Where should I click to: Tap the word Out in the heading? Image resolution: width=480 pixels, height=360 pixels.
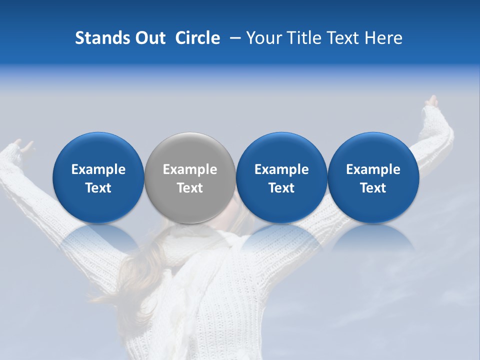[x=149, y=38]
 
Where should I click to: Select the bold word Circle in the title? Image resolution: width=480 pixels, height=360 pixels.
[x=197, y=38]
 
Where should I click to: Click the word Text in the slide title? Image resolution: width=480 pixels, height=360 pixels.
[x=343, y=38]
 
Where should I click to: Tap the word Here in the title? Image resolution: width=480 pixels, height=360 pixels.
[x=383, y=38]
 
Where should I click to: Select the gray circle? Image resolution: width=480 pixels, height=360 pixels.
[x=189, y=177]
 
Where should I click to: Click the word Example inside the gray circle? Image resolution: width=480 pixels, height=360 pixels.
[x=190, y=169]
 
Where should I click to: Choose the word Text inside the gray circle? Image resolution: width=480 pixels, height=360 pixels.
[x=190, y=188]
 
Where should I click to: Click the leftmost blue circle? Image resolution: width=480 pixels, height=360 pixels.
[x=98, y=177]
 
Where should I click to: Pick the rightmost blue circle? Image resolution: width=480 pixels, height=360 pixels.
[x=373, y=177]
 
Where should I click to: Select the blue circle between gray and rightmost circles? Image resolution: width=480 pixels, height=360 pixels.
[x=281, y=177]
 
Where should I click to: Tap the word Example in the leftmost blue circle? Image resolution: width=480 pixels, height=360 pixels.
[x=98, y=169]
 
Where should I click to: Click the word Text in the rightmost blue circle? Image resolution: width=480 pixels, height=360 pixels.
[x=373, y=188]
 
